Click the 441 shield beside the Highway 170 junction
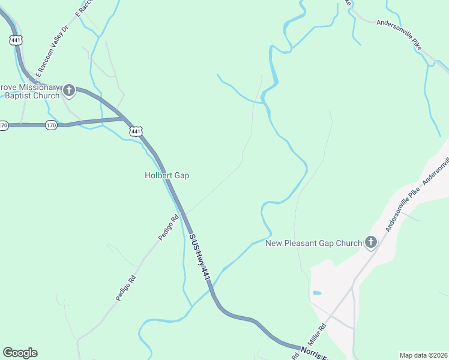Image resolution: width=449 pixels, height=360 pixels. [x=136, y=131]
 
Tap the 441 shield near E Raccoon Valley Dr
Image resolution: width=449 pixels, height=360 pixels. [x=16, y=40]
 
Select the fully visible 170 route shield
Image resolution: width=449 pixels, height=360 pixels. [x=51, y=125]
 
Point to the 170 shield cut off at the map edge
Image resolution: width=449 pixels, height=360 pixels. [x=4, y=125]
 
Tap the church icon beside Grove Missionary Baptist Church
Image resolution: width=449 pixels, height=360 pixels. [x=69, y=91]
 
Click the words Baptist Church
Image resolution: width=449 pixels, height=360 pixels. [x=30, y=96]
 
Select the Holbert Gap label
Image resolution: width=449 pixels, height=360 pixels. [x=167, y=176]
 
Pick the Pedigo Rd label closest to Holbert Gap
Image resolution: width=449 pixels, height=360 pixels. [x=169, y=227]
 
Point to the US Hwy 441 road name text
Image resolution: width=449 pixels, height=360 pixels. [x=200, y=257]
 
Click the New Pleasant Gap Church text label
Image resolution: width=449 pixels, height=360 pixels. [x=314, y=243]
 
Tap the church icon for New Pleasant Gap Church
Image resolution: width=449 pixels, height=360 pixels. [x=371, y=242]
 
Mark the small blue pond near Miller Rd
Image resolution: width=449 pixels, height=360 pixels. [x=317, y=293]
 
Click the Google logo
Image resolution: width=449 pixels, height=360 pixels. [x=20, y=353]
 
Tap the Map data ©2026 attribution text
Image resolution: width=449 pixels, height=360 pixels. [x=423, y=355]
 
